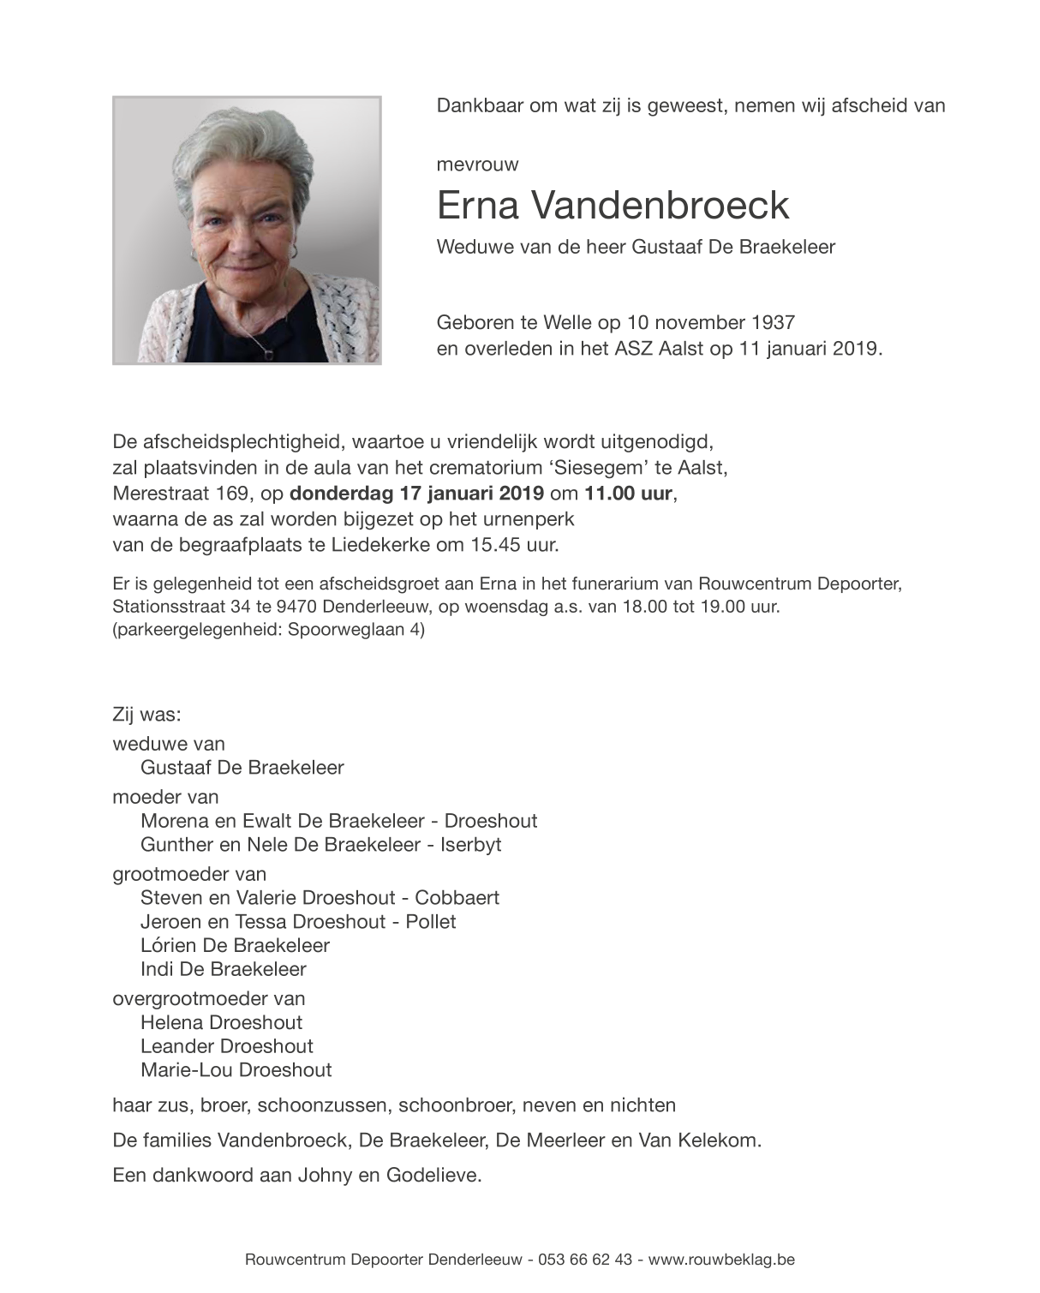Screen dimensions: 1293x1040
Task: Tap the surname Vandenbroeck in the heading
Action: (660, 206)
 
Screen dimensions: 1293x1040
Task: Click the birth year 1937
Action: (773, 323)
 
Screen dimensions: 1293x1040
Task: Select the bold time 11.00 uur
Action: (630, 494)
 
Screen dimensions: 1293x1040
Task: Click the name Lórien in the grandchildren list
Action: (167, 945)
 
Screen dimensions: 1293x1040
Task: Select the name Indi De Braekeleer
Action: (223, 969)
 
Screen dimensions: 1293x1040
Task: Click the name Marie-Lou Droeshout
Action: (236, 1070)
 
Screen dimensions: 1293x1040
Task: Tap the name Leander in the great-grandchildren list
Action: (177, 1046)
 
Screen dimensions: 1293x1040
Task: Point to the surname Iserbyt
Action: (470, 845)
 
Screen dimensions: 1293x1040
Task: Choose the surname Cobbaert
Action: (457, 898)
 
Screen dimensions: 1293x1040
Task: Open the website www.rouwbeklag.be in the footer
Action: (721, 1260)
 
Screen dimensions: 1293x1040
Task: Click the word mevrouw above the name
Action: (477, 165)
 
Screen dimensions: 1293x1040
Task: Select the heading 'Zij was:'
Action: (146, 715)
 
